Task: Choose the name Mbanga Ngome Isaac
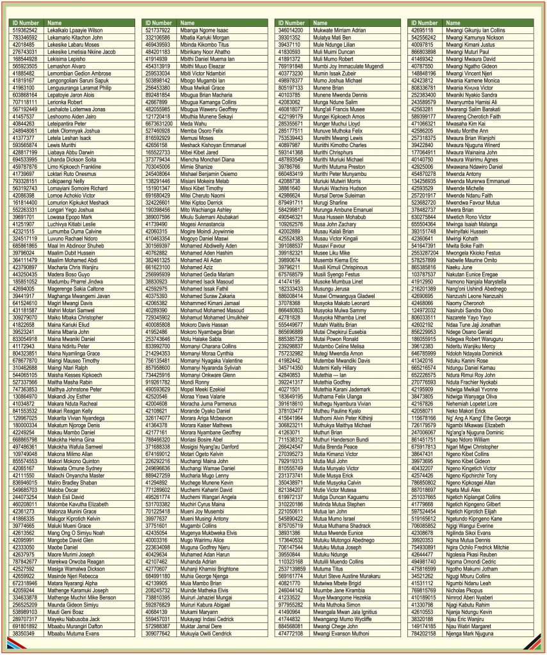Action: point(204,30)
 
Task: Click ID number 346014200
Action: point(291,30)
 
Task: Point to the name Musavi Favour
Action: point(329,245)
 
